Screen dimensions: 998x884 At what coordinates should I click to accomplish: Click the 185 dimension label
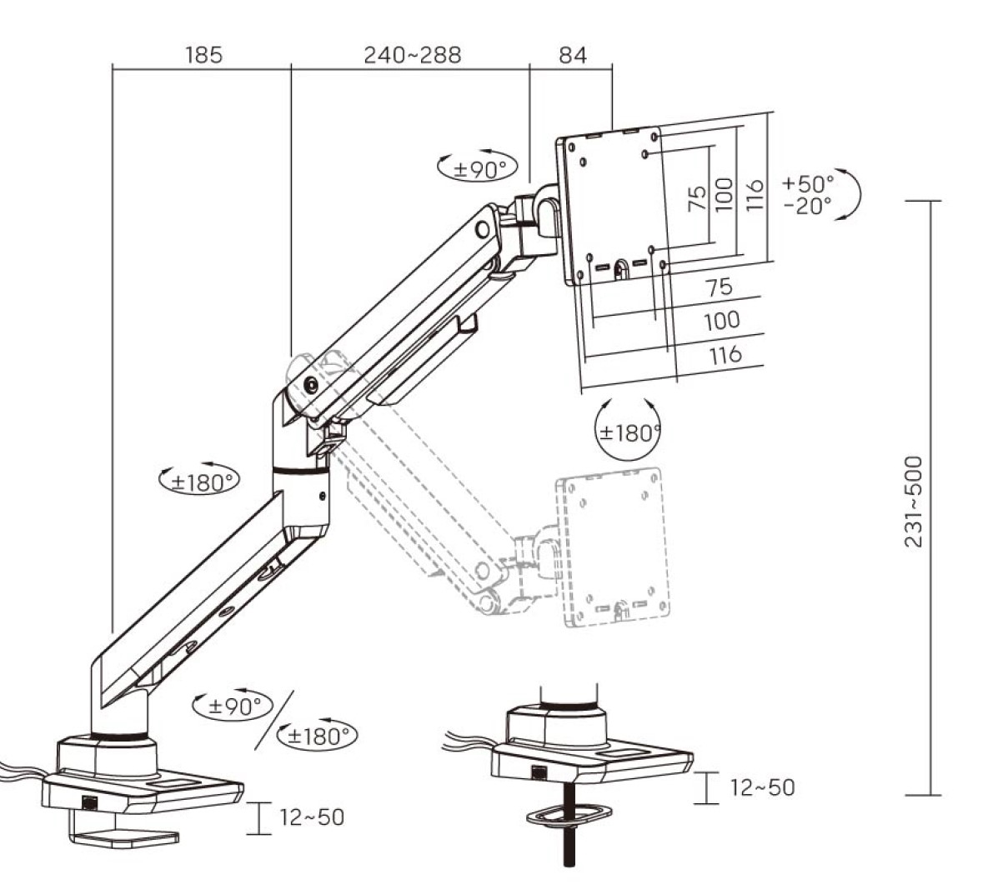204,55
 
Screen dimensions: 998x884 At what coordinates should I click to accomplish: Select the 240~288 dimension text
412,55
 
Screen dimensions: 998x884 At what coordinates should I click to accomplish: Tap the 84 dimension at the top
573,55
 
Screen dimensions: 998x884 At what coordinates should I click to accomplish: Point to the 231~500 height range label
913,501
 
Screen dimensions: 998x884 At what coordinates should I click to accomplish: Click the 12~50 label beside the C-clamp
311,817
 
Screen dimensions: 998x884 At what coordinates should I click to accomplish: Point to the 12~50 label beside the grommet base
763,787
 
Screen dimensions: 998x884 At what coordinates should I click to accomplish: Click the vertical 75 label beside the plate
698,197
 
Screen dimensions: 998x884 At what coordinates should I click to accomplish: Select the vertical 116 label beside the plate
754,195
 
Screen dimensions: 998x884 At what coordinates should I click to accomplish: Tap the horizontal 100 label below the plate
722,321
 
